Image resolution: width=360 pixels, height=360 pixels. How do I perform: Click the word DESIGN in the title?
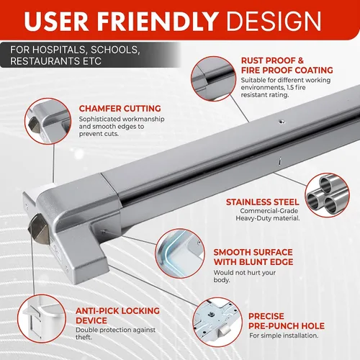[x=274, y=21]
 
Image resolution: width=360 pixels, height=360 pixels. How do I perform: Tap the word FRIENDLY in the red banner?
[x=158, y=21]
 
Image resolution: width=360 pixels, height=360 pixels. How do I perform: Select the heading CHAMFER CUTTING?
[x=120, y=109]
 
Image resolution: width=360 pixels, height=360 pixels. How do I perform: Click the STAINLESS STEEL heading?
[x=263, y=202]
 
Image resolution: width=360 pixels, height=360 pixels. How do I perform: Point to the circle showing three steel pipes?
[x=328, y=195]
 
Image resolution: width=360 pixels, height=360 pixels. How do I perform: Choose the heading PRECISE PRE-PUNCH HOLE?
[x=287, y=321]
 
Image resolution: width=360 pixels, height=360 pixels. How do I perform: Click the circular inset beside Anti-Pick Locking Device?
[x=42, y=319]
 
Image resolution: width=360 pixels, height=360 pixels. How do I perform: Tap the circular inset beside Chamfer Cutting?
[x=48, y=121]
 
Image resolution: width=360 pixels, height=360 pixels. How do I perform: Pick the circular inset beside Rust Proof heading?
[x=213, y=78]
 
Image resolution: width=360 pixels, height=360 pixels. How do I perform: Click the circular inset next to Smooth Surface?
[x=180, y=253]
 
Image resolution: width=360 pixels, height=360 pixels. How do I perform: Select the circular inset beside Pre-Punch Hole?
[x=217, y=323]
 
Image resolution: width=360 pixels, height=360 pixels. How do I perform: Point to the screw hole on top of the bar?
[x=282, y=122]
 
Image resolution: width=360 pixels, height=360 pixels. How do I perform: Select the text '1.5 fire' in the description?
[x=294, y=87]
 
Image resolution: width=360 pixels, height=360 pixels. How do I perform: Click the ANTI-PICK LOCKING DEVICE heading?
[x=117, y=315]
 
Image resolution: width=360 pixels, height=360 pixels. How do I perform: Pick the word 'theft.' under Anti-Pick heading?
[x=84, y=337]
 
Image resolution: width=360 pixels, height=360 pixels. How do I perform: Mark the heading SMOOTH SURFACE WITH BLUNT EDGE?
[x=253, y=257]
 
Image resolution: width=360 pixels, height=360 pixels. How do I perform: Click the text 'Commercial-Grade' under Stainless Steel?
[x=269, y=211]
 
